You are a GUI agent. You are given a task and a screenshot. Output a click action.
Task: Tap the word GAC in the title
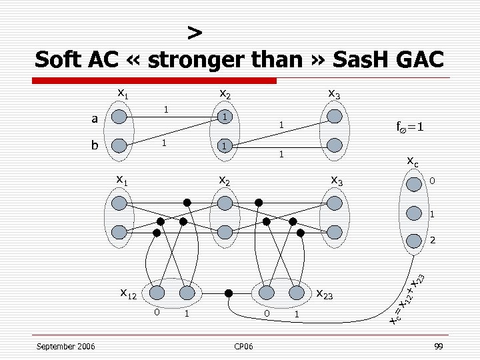point(415,59)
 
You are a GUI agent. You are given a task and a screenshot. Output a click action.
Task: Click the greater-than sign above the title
point(194,31)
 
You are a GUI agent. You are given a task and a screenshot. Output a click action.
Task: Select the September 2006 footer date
point(65,346)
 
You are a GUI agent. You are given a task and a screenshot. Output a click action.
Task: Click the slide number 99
point(438,346)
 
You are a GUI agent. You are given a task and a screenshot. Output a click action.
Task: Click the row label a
point(95,118)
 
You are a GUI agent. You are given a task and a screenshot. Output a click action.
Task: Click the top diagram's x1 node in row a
point(119,117)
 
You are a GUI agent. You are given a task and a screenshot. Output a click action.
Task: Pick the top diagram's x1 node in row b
point(119,145)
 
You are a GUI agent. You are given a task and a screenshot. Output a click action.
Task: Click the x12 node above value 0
point(157,293)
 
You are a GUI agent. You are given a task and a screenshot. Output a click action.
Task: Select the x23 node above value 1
point(296,293)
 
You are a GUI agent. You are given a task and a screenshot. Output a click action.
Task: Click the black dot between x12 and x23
point(228,293)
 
